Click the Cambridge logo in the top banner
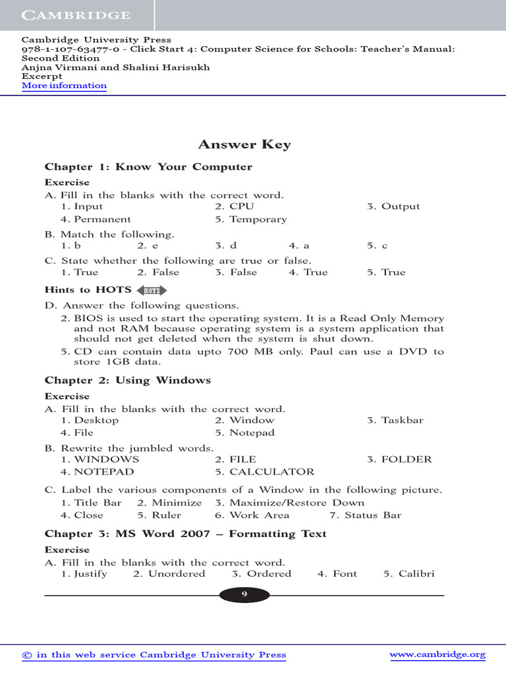76,14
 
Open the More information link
64,86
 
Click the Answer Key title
244,145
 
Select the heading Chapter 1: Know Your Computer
148,167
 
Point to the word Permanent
102,219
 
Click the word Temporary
258,219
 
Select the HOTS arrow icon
152,290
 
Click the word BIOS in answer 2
88,319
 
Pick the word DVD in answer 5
414,351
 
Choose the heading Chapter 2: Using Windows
128,380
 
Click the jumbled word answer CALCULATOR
271,472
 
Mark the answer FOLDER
407,459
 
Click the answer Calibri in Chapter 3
416,574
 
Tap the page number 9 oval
244,595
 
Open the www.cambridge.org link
437,655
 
